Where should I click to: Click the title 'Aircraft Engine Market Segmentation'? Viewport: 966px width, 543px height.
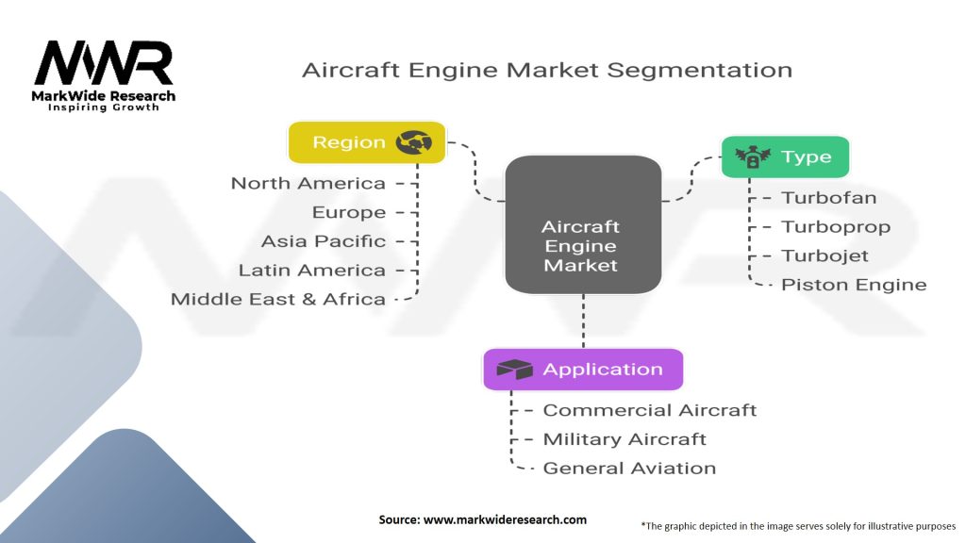click(546, 70)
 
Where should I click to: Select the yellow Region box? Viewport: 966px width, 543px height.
click(366, 142)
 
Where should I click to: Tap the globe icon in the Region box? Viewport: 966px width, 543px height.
click(413, 142)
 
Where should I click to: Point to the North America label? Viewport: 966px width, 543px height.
click(308, 184)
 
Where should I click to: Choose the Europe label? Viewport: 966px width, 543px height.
click(349, 213)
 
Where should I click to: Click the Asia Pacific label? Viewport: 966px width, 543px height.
click(324, 241)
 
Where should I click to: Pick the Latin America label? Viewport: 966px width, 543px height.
click(312, 271)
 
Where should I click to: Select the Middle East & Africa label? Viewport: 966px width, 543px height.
click(278, 300)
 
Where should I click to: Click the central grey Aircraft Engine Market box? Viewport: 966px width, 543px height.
click(581, 224)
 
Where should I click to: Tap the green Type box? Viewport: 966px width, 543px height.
click(785, 157)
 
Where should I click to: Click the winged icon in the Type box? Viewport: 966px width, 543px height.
click(753, 157)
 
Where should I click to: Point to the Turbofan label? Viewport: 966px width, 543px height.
click(829, 198)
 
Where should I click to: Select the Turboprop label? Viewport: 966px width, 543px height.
click(836, 227)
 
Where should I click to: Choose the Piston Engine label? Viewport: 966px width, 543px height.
click(854, 285)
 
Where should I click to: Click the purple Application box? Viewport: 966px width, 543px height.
click(582, 370)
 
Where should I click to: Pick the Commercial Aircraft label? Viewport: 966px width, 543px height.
click(650, 410)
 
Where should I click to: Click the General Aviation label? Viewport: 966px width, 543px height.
click(629, 469)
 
